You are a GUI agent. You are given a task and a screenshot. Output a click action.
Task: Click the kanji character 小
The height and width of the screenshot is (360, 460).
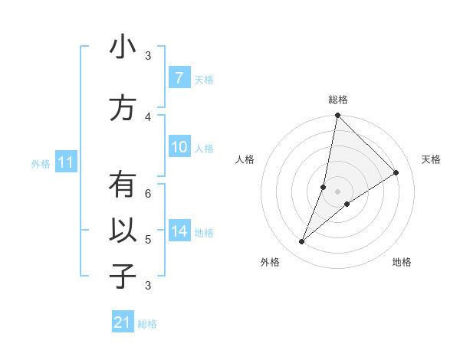pyautogui.click(x=123, y=47)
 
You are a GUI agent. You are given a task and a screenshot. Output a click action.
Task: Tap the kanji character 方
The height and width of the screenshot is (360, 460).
pyautogui.click(x=123, y=108)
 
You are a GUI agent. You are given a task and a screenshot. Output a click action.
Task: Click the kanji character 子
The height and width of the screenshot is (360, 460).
pyautogui.click(x=123, y=277)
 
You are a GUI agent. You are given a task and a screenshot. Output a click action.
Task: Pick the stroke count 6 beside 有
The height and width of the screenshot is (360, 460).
pyautogui.click(x=148, y=193)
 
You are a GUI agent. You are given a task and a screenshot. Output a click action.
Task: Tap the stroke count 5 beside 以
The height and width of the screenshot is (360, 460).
pyautogui.click(x=148, y=240)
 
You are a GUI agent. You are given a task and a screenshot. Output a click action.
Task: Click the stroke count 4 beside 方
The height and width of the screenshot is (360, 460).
pyautogui.click(x=148, y=116)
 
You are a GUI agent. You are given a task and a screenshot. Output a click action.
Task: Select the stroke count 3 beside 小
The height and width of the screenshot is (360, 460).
pyautogui.click(x=148, y=56)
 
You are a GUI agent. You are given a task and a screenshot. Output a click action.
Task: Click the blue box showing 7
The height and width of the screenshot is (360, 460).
pyautogui.click(x=179, y=78)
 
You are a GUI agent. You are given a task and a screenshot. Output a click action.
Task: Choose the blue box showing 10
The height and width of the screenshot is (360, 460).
pyautogui.click(x=179, y=148)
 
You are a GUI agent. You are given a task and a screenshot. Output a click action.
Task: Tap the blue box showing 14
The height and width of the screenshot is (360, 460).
pyautogui.click(x=179, y=231)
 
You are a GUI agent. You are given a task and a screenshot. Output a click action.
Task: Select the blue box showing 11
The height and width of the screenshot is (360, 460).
pyautogui.click(x=66, y=162)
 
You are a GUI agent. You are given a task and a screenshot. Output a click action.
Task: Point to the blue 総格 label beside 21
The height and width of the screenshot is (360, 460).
pyautogui.click(x=147, y=324)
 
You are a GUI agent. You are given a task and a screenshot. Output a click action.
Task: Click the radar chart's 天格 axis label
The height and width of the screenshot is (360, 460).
pyautogui.click(x=431, y=159)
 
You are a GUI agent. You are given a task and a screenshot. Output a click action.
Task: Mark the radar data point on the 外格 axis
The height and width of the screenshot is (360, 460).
pyautogui.click(x=302, y=242)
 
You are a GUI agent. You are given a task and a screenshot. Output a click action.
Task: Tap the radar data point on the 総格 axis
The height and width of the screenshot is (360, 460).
pyautogui.click(x=337, y=116)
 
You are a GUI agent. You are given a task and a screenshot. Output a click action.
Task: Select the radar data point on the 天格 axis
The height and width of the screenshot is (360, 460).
pyautogui.click(x=396, y=173)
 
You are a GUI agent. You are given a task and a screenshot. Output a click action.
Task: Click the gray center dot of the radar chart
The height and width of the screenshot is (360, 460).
pyautogui.click(x=337, y=191)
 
